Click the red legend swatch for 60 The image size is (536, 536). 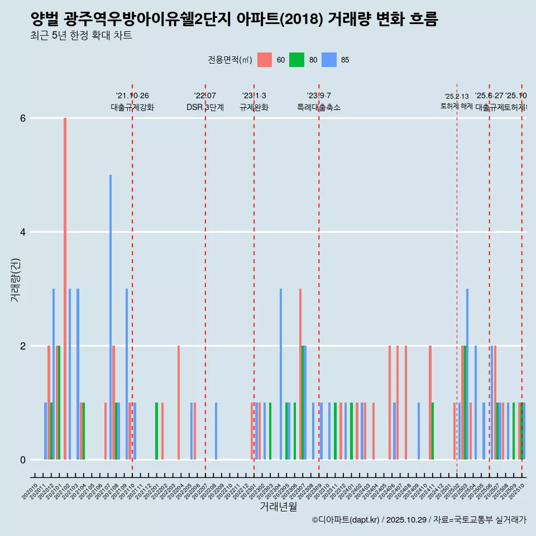265,60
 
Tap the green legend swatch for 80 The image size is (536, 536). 296,60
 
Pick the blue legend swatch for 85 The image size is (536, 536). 329,60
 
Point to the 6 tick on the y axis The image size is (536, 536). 23,118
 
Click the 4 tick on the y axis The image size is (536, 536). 23,232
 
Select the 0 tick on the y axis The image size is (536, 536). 23,460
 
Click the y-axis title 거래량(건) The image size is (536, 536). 15,279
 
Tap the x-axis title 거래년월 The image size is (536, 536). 278,507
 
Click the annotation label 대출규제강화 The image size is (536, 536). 132,107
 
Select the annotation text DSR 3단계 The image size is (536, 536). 205,107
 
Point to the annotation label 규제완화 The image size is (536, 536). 254,107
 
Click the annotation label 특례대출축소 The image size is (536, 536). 319,107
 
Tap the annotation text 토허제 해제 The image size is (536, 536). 457,106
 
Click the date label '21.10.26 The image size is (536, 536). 132,95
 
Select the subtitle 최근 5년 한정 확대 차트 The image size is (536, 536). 82,36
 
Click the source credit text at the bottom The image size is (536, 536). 419,520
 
